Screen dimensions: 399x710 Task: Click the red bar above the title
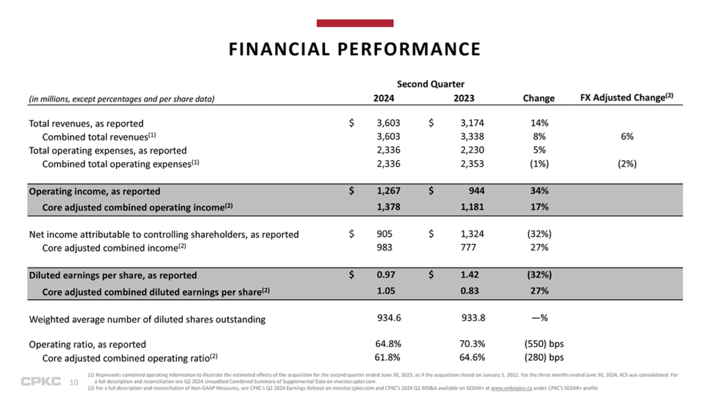tap(354, 24)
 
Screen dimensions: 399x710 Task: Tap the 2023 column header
tap(464, 98)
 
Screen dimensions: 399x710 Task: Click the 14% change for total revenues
tap(539, 123)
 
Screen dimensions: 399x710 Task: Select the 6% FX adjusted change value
tap(627, 136)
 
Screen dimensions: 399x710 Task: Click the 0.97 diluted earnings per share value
tap(386, 275)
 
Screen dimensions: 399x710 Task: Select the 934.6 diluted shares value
tap(388, 319)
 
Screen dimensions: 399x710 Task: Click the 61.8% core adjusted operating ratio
tap(388, 357)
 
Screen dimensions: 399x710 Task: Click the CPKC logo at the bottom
tap(40, 381)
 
